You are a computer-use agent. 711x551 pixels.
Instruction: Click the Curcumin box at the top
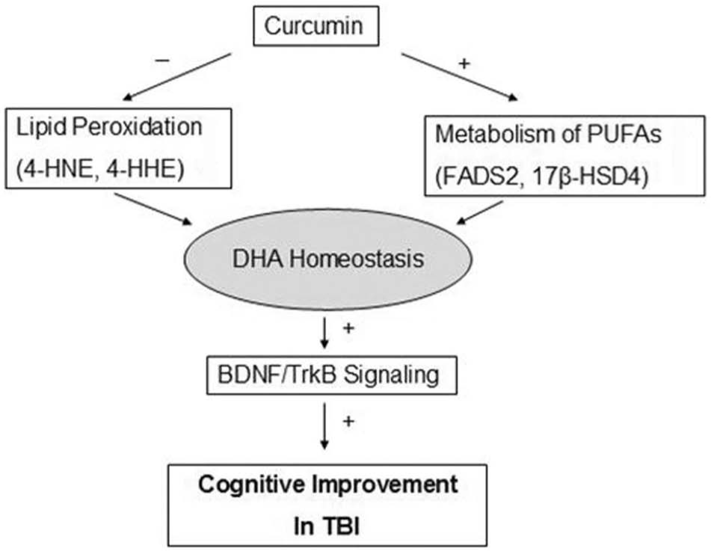316,26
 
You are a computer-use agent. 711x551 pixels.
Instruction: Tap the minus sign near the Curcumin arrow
162,61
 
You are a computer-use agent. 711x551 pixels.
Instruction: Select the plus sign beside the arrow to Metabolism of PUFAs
464,64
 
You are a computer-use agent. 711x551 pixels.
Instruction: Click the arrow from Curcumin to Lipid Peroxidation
177,76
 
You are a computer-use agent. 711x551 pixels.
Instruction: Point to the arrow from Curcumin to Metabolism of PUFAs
459,77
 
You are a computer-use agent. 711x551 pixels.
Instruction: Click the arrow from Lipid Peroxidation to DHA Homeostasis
153,209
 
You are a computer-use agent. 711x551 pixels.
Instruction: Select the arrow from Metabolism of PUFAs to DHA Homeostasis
480,212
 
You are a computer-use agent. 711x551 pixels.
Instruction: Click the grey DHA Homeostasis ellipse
328,259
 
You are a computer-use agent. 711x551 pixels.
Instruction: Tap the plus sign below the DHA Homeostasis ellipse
348,328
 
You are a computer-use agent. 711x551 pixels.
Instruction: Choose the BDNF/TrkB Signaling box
331,375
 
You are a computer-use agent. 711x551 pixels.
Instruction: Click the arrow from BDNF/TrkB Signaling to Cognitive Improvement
324,426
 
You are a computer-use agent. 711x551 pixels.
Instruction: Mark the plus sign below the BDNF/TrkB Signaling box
348,422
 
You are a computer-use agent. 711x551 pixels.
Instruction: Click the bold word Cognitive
252,485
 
